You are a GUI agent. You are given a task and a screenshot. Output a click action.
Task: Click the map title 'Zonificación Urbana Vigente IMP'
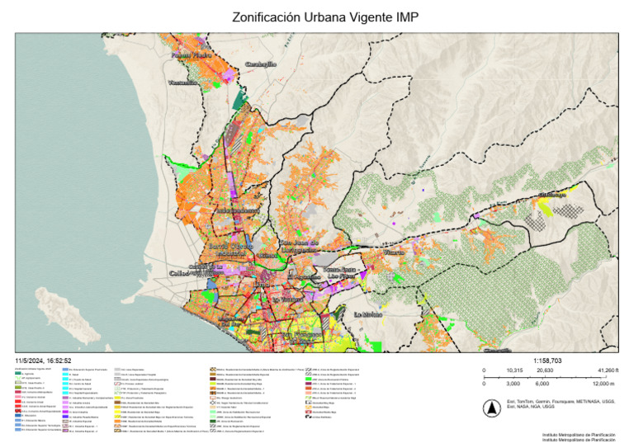coord(317,17)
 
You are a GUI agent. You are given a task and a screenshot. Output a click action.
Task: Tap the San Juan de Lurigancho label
coord(297,245)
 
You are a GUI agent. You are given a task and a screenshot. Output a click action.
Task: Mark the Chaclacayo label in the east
coord(553,195)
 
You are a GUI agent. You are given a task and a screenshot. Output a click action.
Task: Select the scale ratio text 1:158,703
coord(549,361)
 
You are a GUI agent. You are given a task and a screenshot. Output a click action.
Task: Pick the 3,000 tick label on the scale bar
coord(512,384)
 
